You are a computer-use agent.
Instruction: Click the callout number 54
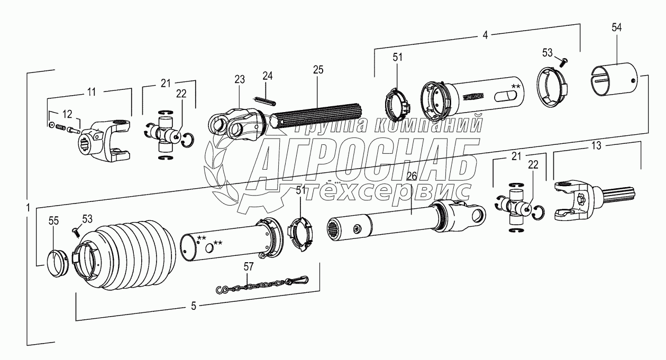tap(617, 28)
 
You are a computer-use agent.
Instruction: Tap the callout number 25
tap(318, 70)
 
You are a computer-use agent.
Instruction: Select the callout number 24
tap(268, 76)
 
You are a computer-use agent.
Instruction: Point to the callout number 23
tap(240, 80)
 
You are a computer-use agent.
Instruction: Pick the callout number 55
tap(53, 221)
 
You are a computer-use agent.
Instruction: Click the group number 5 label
tap(194, 306)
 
